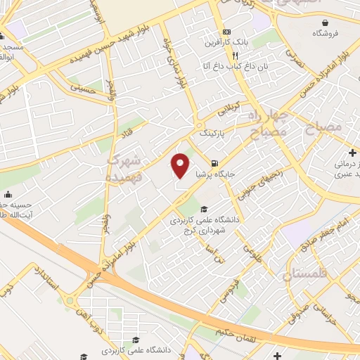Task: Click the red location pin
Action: coord(181,165)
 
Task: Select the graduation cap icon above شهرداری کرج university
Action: coord(204,209)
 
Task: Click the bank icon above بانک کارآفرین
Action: coord(226,32)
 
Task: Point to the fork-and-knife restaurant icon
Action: coord(237,56)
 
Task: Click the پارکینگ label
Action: coord(214,131)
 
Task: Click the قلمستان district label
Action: coord(306,273)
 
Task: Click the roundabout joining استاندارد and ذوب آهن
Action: coord(72,301)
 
